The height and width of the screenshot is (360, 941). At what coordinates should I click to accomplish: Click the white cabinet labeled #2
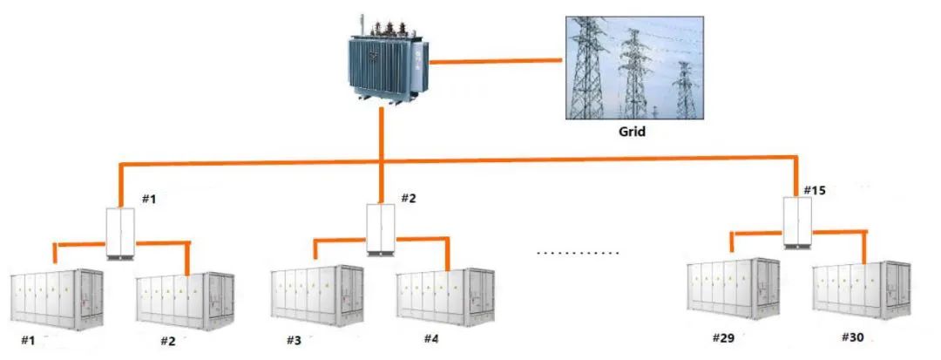381,228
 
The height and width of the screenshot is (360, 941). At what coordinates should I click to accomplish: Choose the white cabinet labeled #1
121,233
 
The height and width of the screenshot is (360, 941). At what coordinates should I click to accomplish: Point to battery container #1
57,296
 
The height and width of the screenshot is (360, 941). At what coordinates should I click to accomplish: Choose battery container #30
861,293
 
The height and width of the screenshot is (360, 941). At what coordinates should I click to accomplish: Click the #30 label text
854,337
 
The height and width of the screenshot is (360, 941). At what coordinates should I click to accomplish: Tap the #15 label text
814,190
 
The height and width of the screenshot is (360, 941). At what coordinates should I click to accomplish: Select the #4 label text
432,338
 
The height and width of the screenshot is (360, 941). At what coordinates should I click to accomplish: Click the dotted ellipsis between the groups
577,253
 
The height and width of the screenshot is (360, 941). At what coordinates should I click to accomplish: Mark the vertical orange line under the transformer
382,135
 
